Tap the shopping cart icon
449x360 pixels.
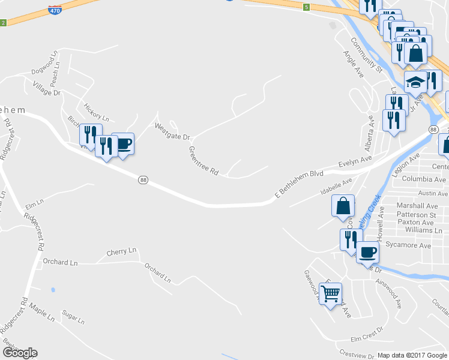pos(331,294)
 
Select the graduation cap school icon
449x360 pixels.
pos(415,82)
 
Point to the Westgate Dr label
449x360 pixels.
pos(172,131)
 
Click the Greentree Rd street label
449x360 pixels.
pos(203,161)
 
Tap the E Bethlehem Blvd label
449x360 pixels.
pos(299,184)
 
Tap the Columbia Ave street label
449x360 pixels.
pos(424,179)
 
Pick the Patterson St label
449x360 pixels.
pos(416,215)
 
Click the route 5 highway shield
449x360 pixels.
pos(306,7)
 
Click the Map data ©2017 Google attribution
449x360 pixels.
pos(412,355)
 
